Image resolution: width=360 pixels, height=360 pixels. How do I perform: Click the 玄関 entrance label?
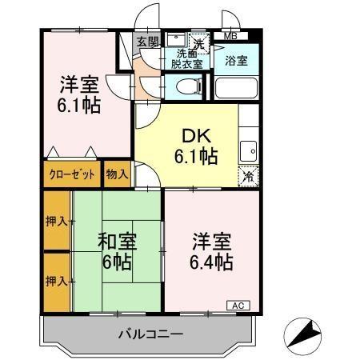(x=146, y=42)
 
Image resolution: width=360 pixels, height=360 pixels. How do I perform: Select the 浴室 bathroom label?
(x=235, y=61)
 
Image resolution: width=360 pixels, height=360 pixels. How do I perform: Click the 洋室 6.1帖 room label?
(x=79, y=94)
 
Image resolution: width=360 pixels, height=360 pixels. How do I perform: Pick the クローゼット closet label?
(x=73, y=174)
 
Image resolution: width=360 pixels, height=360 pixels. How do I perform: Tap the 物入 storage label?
(x=117, y=174)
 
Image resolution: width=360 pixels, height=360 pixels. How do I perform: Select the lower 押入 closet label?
(x=56, y=281)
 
